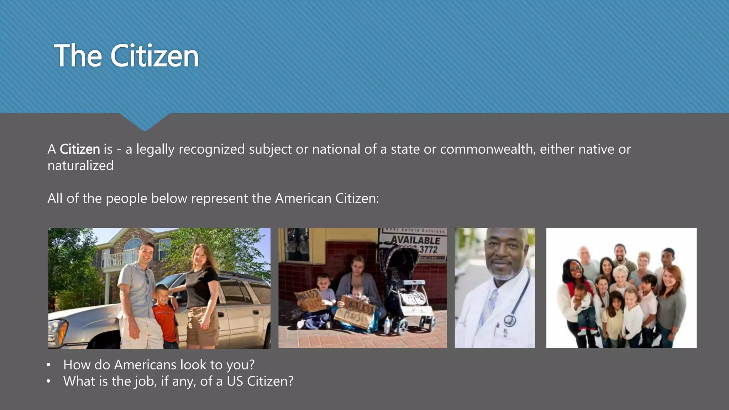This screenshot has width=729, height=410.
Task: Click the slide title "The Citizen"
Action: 126,56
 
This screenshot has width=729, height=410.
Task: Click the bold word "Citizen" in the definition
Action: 79,149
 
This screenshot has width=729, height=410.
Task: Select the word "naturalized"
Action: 80,166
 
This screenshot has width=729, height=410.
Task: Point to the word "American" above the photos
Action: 303,198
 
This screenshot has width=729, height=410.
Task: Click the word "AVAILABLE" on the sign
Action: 415,240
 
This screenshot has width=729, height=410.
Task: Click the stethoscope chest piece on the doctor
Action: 509,320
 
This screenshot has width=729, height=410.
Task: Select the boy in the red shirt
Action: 165,313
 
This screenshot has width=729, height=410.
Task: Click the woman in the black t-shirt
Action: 202,292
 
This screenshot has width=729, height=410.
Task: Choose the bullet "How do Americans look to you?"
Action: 159,365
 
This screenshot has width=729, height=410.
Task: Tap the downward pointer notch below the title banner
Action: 145,123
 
